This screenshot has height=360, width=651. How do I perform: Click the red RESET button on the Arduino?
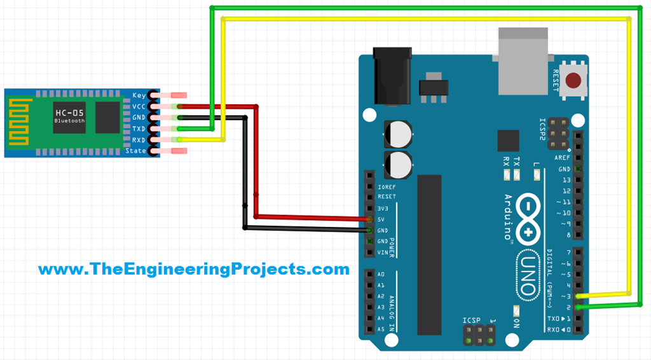point(574,81)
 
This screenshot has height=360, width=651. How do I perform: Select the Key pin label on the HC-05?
point(139,95)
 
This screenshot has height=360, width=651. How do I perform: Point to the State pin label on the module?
point(136,151)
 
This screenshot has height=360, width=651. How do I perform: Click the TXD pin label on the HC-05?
point(139,129)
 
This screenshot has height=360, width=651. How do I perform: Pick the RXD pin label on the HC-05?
point(139,140)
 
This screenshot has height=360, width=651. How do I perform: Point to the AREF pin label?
point(563,158)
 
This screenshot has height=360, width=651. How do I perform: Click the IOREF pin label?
point(387,187)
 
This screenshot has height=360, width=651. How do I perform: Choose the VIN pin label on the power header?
point(382,253)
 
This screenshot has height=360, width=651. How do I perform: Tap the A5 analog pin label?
point(381,329)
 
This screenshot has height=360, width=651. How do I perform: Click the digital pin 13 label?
point(566,180)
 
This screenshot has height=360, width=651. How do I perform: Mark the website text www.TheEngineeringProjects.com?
point(194,269)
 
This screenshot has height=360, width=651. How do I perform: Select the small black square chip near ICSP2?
point(508,141)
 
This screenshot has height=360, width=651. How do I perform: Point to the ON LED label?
point(516,322)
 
